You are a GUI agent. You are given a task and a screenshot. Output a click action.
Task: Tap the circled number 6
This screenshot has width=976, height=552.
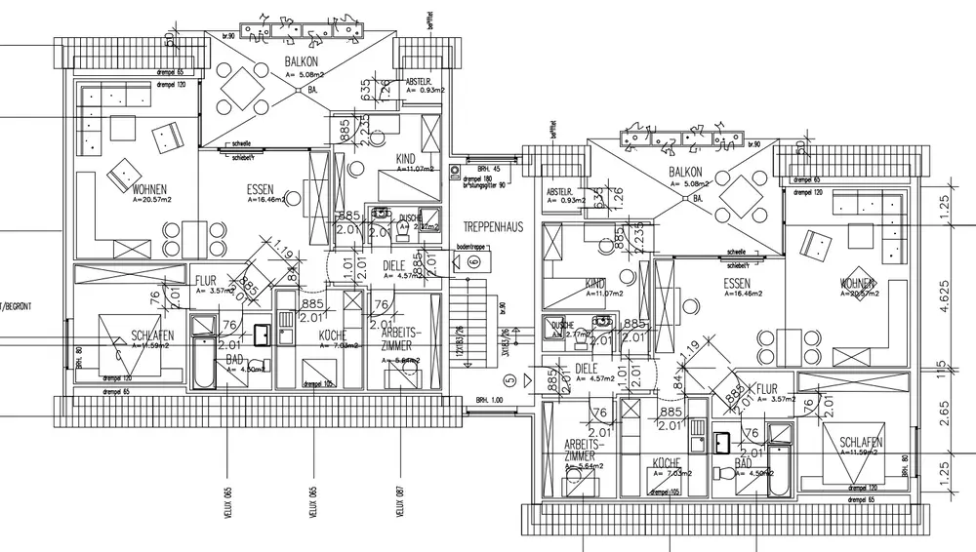474,261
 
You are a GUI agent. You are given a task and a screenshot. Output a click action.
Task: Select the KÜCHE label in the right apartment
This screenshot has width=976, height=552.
667,465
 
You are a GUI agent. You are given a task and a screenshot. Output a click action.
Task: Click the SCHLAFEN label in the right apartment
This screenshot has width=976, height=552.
862,443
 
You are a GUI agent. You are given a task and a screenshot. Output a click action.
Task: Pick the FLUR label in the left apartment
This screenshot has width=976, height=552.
205,279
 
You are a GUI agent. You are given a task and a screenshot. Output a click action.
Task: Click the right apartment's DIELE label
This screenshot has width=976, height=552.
587,369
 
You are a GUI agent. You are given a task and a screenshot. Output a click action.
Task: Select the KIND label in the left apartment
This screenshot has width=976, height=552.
406,159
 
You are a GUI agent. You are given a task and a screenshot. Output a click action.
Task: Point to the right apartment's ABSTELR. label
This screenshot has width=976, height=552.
559,191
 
